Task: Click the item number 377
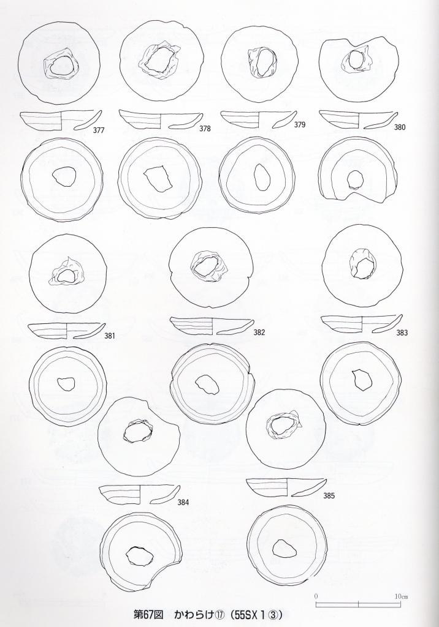tap(99, 130)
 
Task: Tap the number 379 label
tap(300, 124)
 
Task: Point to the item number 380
tap(400, 127)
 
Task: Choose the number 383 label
tap(402, 332)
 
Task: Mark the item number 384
tap(183, 503)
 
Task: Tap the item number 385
tap(329, 496)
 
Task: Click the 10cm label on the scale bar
tap(402, 596)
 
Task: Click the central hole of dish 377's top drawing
tap(61, 65)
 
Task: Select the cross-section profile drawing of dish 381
tap(67, 331)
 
